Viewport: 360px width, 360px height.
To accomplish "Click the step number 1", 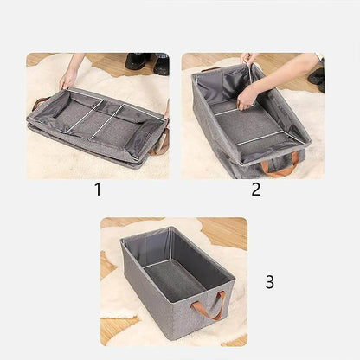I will [97, 188].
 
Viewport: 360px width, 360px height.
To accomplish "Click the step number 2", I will [256, 189].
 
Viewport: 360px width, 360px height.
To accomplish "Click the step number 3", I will [269, 281].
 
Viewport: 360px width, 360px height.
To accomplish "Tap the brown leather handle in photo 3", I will [213, 305].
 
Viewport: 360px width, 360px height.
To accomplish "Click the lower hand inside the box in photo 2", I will [249, 96].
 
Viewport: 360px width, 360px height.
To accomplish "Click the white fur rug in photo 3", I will [117, 294].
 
